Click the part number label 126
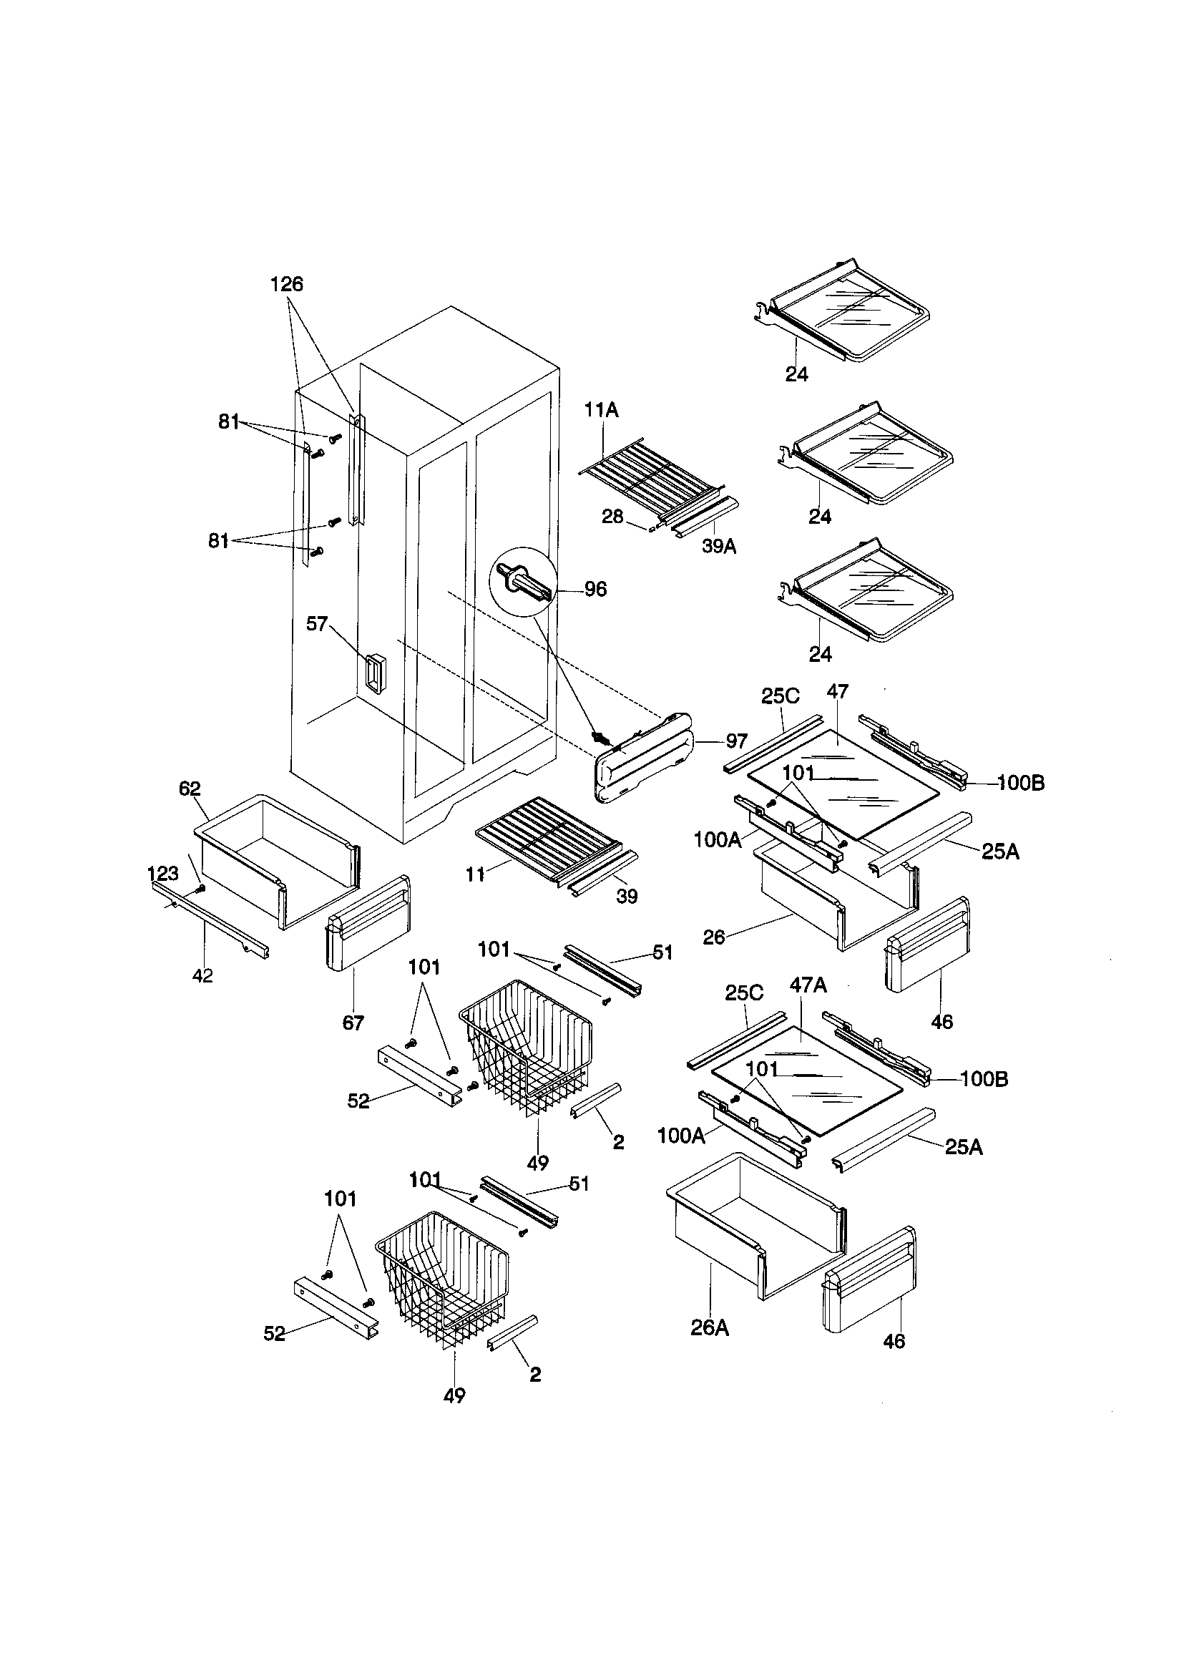pos(286,285)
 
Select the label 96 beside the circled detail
pos(595,589)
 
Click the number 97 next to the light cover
pos(736,741)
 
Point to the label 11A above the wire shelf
pos(601,410)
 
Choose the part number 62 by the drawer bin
pos(190,789)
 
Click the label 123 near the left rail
pos(162,873)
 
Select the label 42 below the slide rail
pos(202,975)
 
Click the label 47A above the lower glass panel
pos(808,985)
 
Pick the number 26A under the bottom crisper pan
pos(710,1327)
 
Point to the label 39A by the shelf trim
pos(718,546)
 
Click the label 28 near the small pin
pos(612,517)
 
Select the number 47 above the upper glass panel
pos(838,691)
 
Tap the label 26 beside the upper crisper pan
pos(714,937)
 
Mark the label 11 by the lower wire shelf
pos(475,874)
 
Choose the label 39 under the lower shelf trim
pos(627,896)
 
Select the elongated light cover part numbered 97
pos(641,758)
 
